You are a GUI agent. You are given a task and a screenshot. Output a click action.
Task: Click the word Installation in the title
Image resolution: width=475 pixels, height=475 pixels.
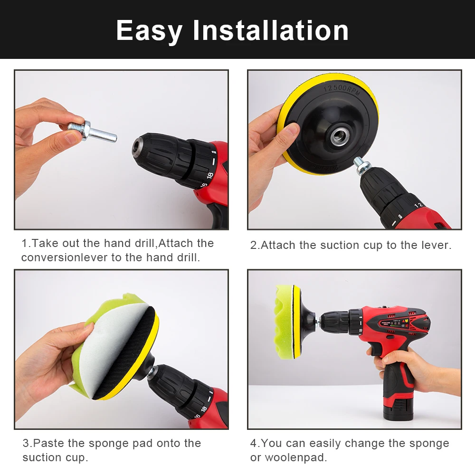pos(271,30)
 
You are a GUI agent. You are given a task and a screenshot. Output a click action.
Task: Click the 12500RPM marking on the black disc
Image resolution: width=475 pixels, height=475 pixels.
pos(342,89)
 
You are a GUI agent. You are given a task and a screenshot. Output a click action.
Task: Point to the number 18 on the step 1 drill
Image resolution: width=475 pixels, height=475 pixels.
pos(210,175)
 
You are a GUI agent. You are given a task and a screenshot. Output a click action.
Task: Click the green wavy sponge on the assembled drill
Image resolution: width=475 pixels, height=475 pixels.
pos(285,322)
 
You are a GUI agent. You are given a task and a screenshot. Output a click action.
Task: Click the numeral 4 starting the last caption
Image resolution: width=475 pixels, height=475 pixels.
pos(253,443)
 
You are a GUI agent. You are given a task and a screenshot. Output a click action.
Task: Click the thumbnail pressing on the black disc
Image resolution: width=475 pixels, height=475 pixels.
pos(293,130)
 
